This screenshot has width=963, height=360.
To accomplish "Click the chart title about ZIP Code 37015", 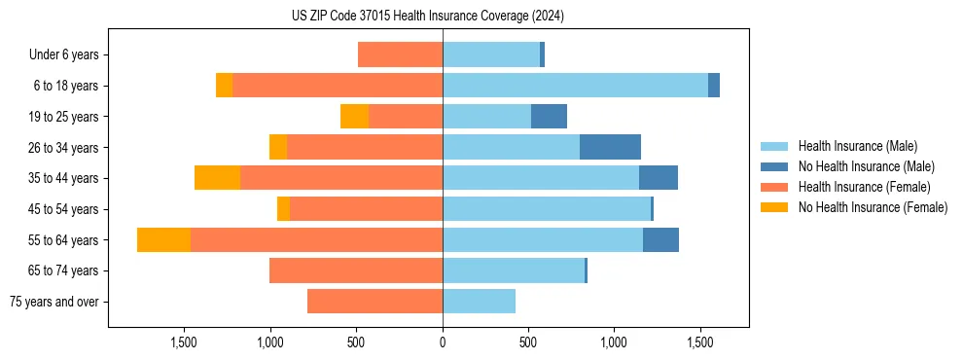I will (427, 16).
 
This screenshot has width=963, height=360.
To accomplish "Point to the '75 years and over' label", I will (54, 302).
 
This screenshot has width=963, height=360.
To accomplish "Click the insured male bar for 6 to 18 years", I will (575, 86).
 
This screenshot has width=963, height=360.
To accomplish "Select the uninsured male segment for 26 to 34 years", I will (610, 147).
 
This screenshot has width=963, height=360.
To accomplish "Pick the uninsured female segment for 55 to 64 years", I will (163, 239).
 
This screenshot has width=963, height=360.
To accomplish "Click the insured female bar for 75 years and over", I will (374, 302).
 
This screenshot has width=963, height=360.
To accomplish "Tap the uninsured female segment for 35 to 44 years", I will (217, 178).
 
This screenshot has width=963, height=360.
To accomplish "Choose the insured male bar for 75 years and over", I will (479, 302).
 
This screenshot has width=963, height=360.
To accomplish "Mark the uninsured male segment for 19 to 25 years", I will (549, 117).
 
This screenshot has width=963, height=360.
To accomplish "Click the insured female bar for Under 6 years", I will (400, 54).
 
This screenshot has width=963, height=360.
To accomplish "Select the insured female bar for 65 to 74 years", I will (356, 270).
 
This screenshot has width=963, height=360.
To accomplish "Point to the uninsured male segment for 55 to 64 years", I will (660, 239).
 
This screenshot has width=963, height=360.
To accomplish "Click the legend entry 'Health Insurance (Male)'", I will (857, 146).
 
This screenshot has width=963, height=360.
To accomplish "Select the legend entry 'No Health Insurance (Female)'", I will (873, 207).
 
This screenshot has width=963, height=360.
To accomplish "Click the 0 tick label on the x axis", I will (443, 342).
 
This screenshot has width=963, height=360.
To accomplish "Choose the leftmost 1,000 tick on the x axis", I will (270, 342).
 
